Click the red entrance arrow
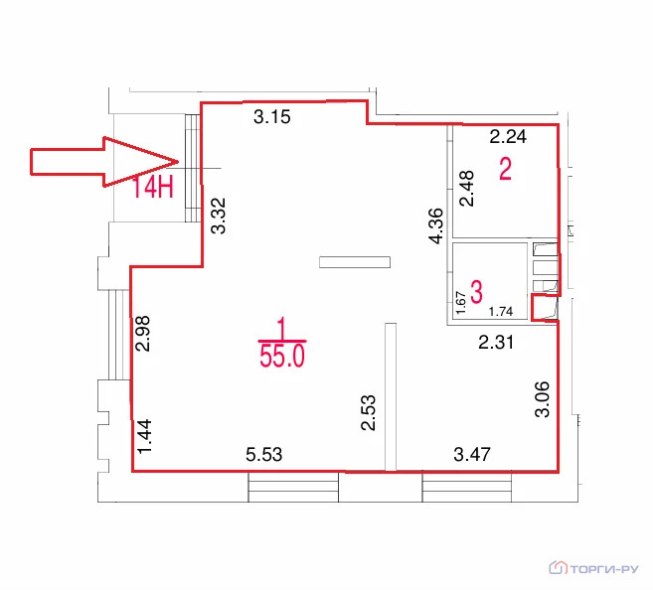point(104,162)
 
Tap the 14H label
point(153,188)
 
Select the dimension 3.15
point(272,117)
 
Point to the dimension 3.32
point(219,216)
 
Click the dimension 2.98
point(143,334)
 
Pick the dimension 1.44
point(144,436)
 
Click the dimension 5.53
point(264,454)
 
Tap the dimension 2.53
point(369,412)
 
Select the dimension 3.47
point(472,454)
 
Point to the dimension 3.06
point(543,399)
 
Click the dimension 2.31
point(496,343)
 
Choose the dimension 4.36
point(436,225)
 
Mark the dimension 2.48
point(467,188)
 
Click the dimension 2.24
point(508,136)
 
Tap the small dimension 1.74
point(501,311)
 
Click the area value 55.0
point(282,357)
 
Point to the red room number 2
point(505,169)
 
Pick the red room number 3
point(476,292)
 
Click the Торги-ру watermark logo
point(593,568)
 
